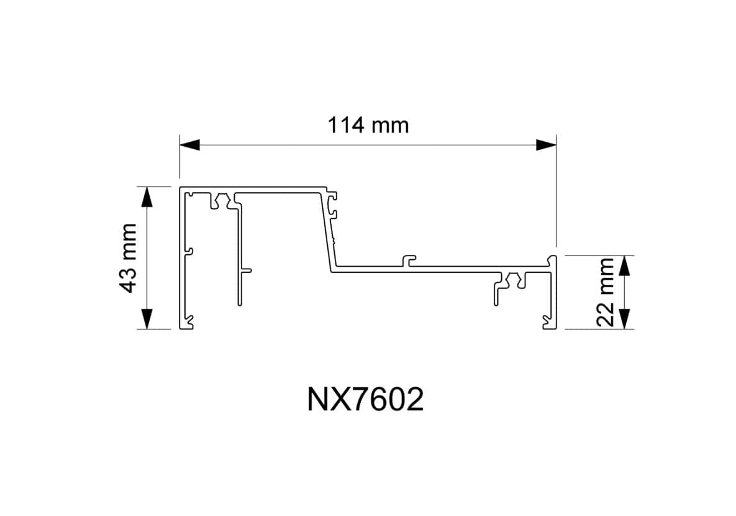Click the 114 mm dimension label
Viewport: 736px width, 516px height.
pyautogui.click(x=368, y=125)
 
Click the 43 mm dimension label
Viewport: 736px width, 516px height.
pyautogui.click(x=129, y=258)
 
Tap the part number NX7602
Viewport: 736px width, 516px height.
pyautogui.click(x=366, y=400)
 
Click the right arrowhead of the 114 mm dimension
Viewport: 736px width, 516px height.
pyautogui.click(x=546, y=145)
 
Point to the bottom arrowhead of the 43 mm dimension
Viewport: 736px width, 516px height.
pyautogui.click(x=147, y=319)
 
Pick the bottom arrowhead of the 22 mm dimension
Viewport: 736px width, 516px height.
pyautogui.click(x=625, y=319)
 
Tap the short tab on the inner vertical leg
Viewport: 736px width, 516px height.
pyautogui.click(x=247, y=270)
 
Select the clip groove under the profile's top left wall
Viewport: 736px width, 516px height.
pyautogui.click(x=219, y=201)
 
